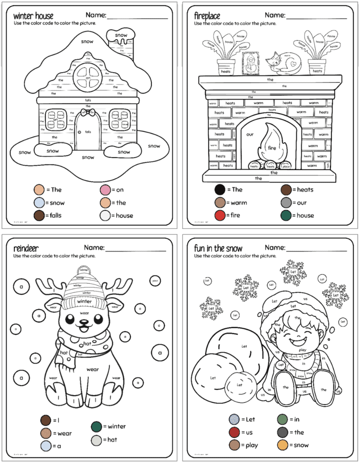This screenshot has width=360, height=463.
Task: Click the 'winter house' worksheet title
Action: tap(33, 16)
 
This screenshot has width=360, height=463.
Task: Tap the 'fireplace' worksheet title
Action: tap(207, 16)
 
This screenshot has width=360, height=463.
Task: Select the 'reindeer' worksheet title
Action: tap(26, 247)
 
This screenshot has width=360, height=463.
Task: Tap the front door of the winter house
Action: tap(87, 132)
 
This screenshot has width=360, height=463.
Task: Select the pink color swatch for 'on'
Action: tap(105, 190)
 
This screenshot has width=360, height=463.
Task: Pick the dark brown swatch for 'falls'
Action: tap(38, 215)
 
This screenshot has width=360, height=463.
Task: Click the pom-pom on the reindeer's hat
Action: tap(83, 270)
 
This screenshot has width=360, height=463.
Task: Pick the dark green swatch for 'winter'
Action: tap(96, 426)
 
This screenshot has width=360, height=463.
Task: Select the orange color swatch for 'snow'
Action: tap(282, 445)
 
